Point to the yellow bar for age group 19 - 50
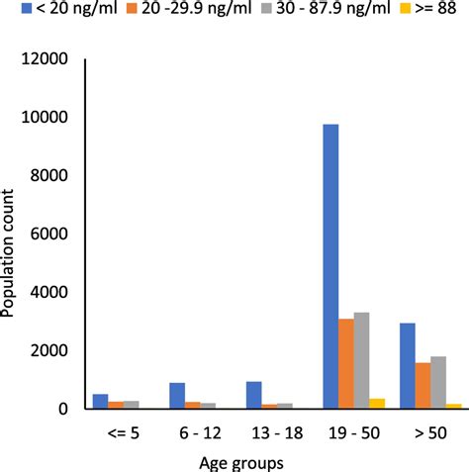pos(377,404)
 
